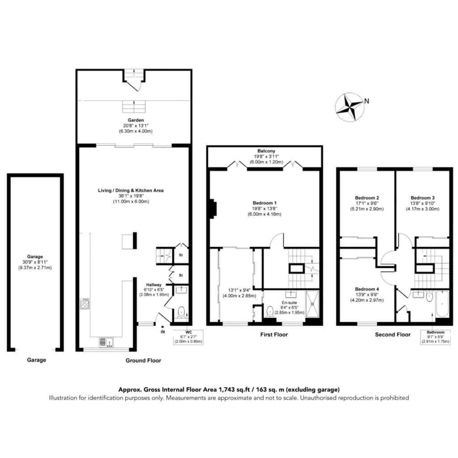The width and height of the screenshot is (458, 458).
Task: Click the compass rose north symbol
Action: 350,107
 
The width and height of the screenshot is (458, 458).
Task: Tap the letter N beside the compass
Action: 367,101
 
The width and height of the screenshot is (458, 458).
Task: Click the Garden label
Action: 136,120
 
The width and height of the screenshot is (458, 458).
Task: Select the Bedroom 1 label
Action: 264,203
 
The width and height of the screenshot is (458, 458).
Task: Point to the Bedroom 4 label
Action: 367,289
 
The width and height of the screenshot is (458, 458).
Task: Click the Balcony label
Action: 266,151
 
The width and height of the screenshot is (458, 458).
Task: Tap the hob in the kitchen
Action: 85,304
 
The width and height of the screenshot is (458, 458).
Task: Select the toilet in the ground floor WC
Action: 181,312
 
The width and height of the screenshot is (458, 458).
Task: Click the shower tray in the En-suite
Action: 312,304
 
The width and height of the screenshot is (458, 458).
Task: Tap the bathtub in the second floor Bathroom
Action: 442,304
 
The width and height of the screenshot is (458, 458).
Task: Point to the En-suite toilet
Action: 270,311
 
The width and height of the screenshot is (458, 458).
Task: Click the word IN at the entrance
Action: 163,332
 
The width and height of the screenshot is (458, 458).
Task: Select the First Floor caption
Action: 274,335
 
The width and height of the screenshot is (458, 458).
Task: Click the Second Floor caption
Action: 393,335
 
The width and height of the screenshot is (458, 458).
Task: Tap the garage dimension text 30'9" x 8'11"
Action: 35,262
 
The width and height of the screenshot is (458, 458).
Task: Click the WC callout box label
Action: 188,332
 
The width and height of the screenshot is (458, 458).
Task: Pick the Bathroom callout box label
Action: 436,332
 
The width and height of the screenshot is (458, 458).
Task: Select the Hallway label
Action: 154,285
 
